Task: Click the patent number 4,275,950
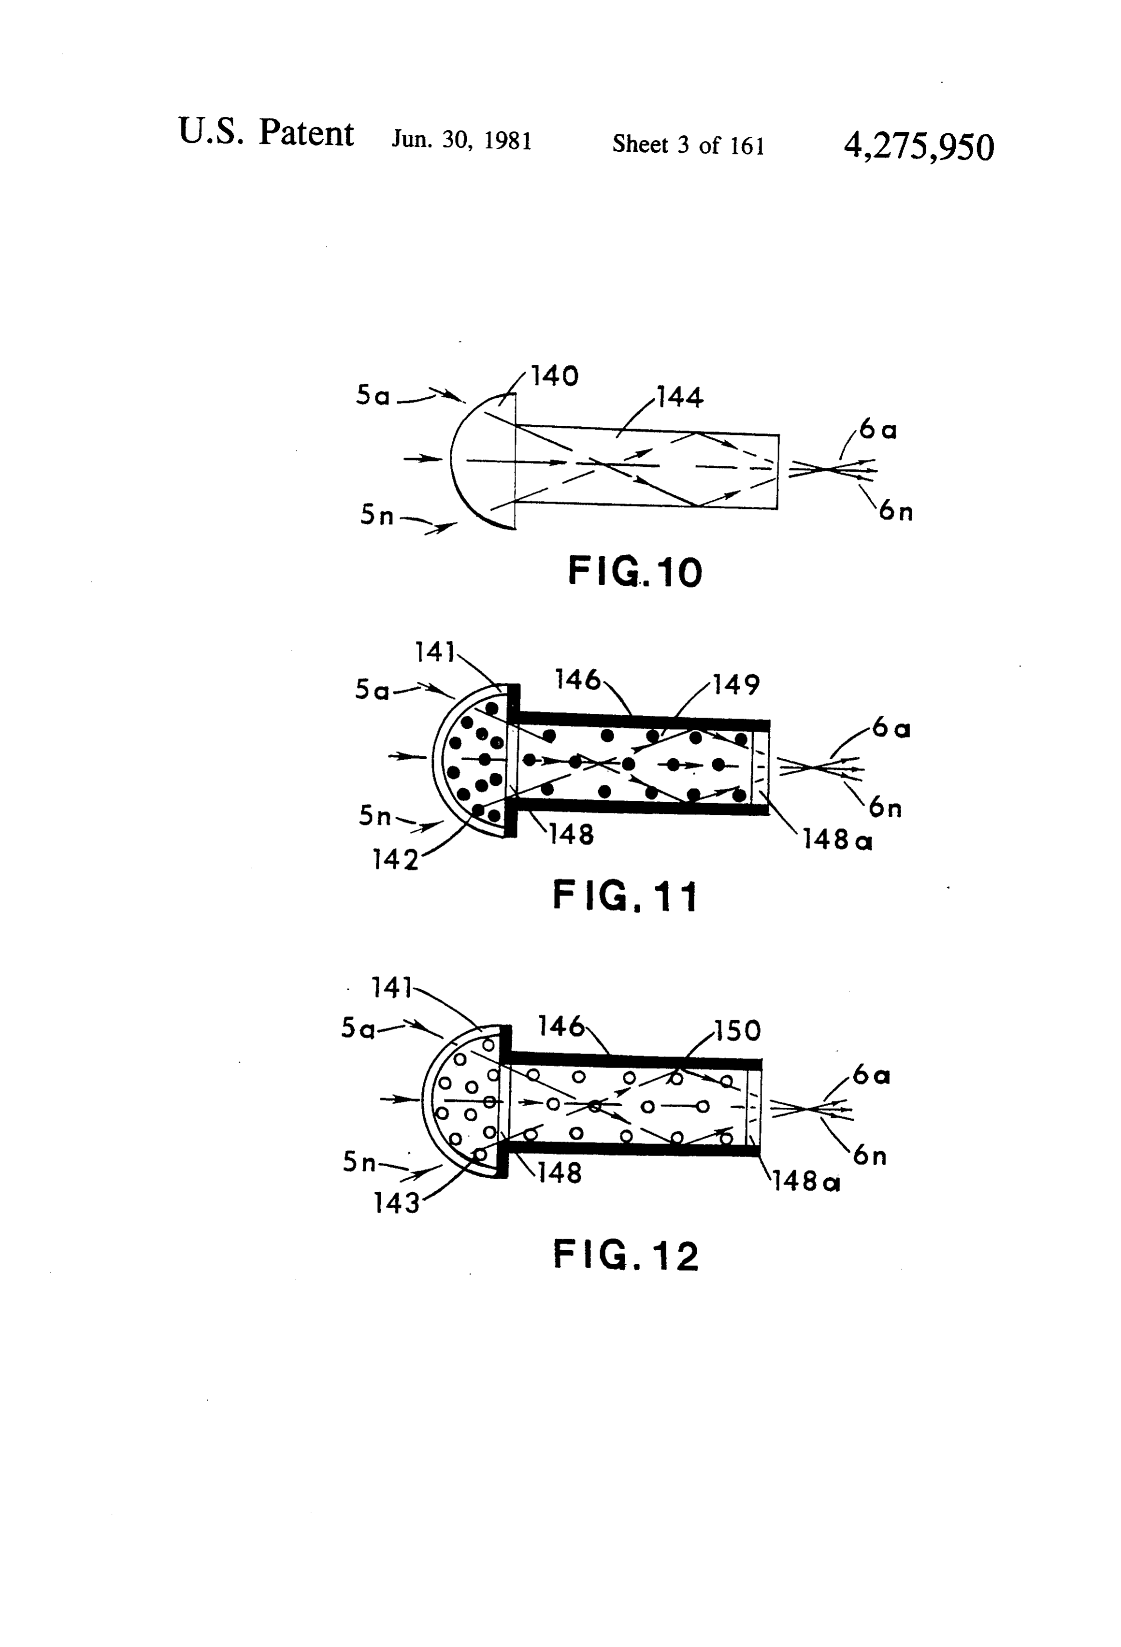click(x=919, y=148)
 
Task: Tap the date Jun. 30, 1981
click(x=461, y=140)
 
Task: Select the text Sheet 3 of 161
click(x=688, y=144)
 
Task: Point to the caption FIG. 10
click(x=635, y=572)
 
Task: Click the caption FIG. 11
click(x=625, y=896)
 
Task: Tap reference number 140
click(x=555, y=376)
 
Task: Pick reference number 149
click(x=736, y=685)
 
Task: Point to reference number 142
click(x=395, y=860)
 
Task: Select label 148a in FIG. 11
click(x=837, y=840)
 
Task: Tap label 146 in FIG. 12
click(x=560, y=1026)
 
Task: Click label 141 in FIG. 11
click(x=435, y=652)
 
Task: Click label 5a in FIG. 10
click(x=373, y=395)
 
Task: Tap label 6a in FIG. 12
click(x=871, y=1075)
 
